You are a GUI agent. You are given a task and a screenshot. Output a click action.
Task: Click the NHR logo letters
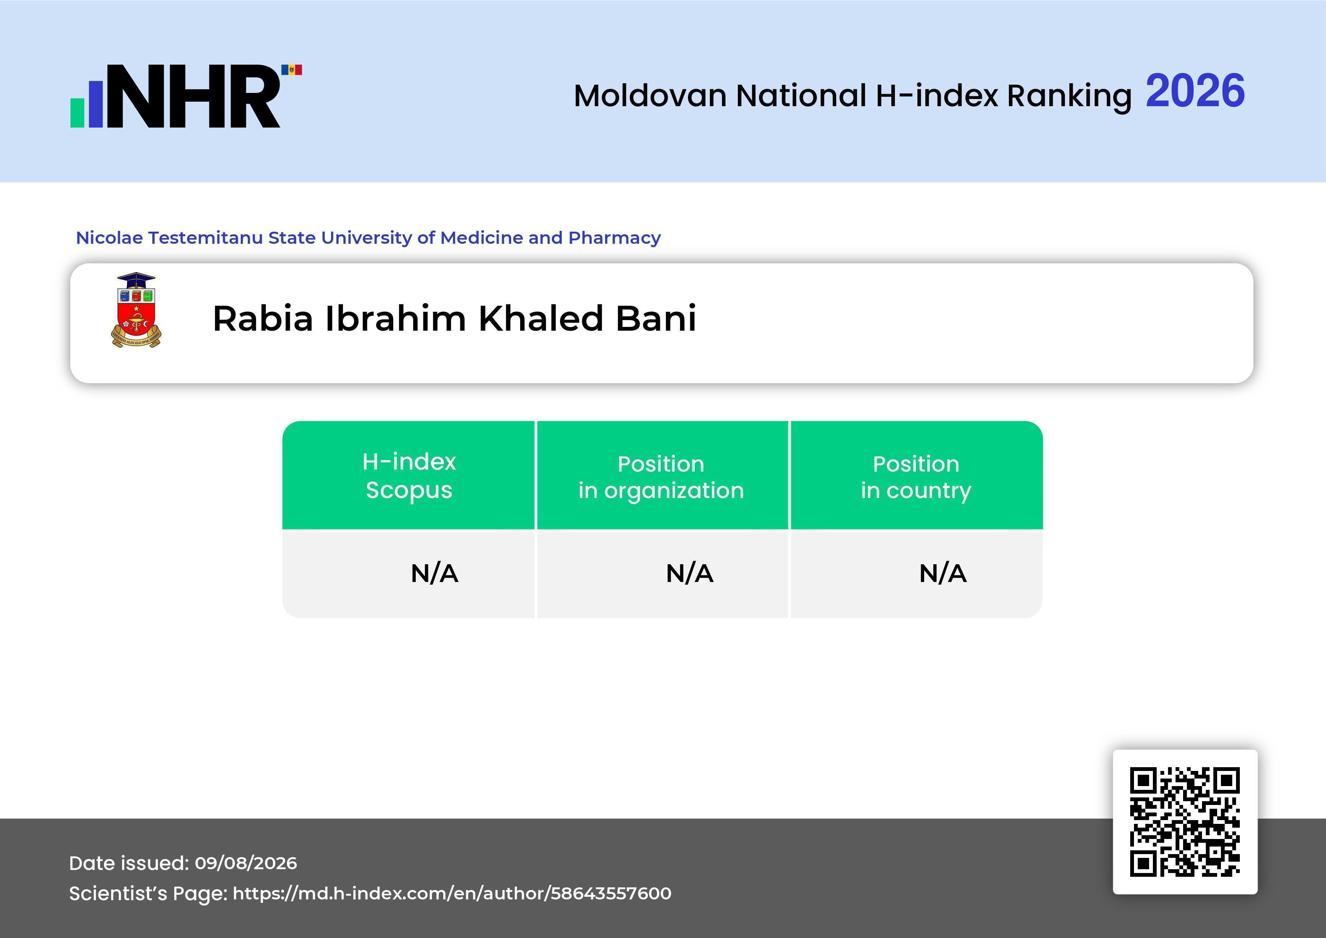pyautogui.click(x=199, y=96)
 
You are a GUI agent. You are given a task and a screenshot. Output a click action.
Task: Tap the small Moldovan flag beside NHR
pyautogui.click(x=292, y=70)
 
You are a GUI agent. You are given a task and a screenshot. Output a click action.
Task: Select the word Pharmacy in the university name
pyautogui.click(x=615, y=238)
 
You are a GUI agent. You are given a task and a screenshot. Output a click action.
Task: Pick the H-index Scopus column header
pyautogui.click(x=409, y=476)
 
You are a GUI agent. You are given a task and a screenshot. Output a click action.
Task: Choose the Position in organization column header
pyautogui.click(x=661, y=477)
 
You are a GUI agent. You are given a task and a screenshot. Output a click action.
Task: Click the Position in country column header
pyautogui.click(x=916, y=477)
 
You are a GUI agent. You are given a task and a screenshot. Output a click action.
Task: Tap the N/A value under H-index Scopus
pyautogui.click(x=434, y=574)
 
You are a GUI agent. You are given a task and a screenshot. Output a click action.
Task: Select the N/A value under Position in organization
pyautogui.click(x=689, y=574)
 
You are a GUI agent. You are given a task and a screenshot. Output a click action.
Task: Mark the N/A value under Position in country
pyautogui.click(x=942, y=574)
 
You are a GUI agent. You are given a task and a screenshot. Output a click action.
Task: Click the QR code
pyautogui.click(x=1185, y=822)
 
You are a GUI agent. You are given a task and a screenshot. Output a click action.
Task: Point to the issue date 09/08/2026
pyautogui.click(x=246, y=863)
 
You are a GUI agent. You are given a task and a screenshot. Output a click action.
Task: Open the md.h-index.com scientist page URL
pyautogui.click(x=452, y=893)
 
